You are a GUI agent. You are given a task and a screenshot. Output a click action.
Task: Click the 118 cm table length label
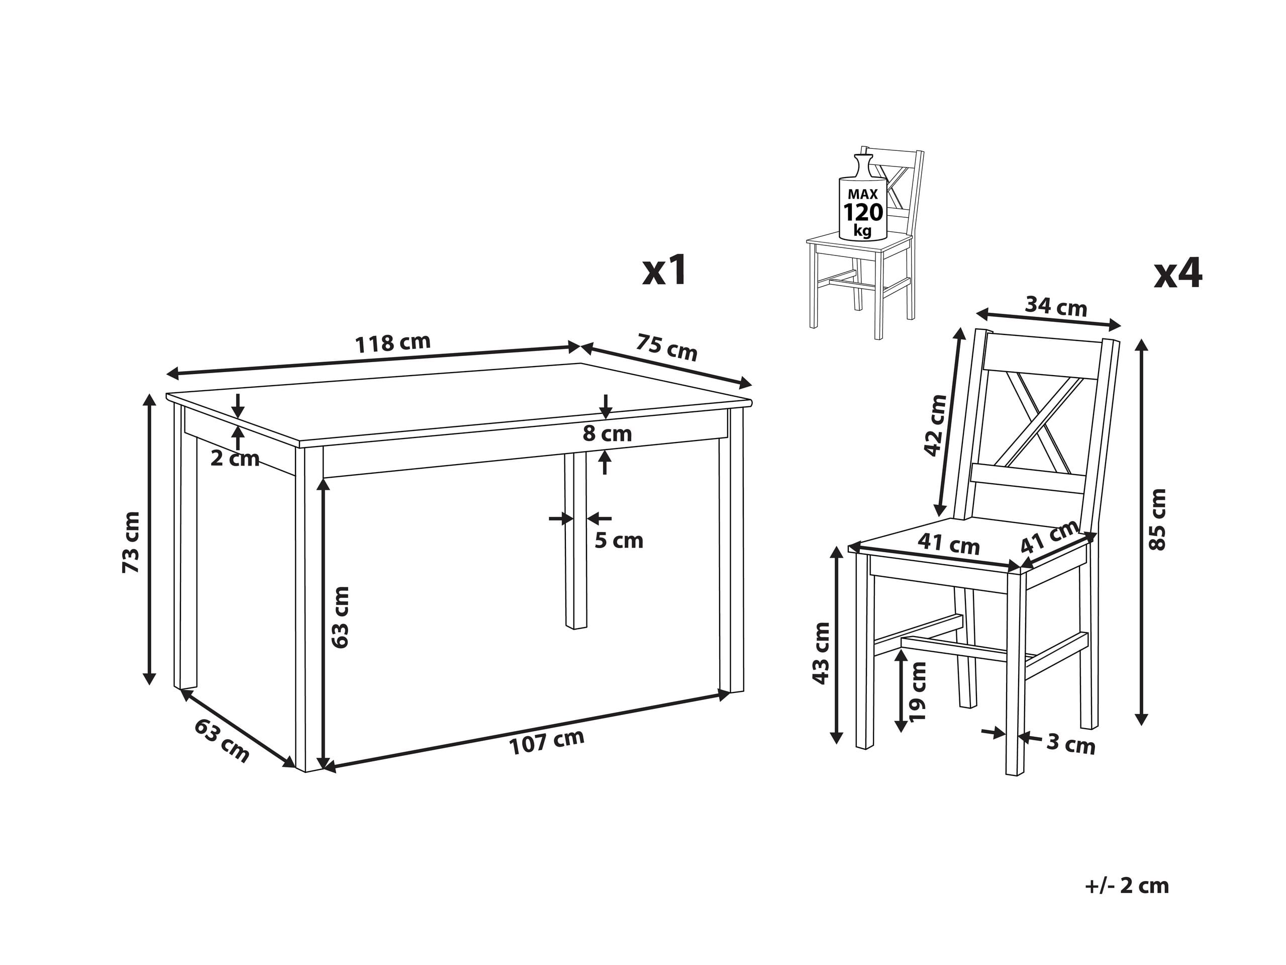click(392, 342)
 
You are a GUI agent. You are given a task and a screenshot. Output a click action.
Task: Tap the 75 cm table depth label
click(666, 347)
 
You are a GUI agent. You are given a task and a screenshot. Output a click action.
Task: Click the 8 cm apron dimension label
click(607, 434)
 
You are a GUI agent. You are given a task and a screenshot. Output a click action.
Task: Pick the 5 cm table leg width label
click(619, 541)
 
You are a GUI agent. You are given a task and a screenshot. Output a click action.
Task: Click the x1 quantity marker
click(664, 271)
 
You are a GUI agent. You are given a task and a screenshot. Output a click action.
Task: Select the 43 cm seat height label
click(821, 653)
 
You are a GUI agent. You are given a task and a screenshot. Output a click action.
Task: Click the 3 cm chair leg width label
click(1070, 745)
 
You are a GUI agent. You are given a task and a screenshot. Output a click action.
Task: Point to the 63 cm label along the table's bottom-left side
click(222, 741)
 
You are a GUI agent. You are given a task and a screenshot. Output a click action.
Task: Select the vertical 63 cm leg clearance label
click(340, 618)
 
